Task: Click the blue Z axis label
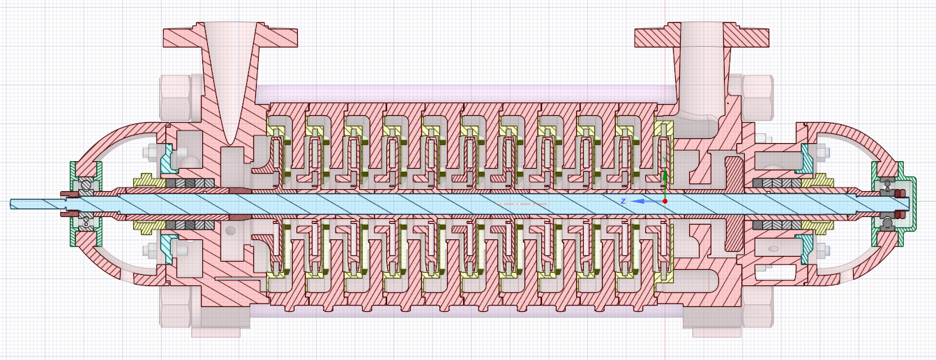624,201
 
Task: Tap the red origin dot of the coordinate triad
665,202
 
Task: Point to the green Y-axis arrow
665,177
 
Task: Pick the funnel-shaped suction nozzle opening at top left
230,70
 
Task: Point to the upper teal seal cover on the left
168,158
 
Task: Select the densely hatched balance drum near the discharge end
734,202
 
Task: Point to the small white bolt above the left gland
150,152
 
